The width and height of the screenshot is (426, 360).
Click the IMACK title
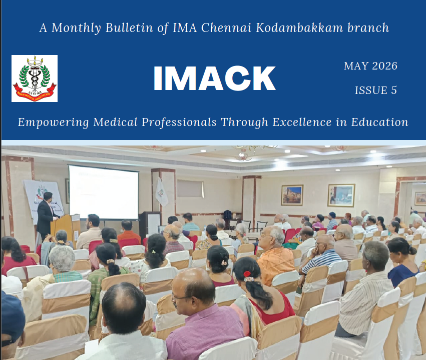click(214, 78)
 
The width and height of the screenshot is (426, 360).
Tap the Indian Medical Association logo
click(35, 78)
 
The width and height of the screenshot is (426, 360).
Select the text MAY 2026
click(370, 66)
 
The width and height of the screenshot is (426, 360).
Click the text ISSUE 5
click(376, 90)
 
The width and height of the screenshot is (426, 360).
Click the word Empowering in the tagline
click(53, 122)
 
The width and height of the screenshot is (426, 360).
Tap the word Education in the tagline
click(379, 122)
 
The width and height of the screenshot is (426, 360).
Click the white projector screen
click(104, 192)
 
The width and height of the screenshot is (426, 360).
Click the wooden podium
click(65, 229)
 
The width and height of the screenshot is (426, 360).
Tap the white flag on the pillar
click(161, 192)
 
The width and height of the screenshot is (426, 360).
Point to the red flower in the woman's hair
click(247, 274)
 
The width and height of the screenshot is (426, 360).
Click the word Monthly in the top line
click(77, 28)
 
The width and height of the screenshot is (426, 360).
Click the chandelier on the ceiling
click(244, 153)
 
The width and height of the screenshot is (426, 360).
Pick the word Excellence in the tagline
click(302, 122)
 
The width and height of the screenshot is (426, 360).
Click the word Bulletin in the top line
click(129, 27)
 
